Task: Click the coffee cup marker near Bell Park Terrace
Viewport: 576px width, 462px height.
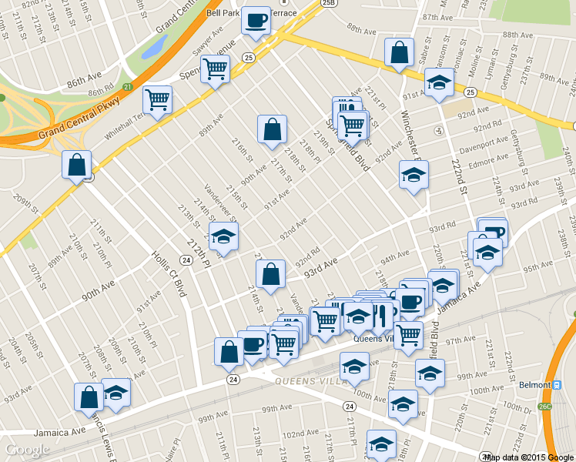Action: (256, 21)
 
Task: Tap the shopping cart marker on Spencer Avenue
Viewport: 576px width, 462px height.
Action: (215, 69)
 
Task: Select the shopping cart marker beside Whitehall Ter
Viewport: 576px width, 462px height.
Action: (158, 99)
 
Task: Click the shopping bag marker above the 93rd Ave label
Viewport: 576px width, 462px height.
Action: (270, 274)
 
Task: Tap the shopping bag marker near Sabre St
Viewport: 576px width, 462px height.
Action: (399, 53)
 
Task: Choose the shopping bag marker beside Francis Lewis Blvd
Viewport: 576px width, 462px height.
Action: (89, 397)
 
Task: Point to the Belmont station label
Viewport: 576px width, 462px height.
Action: (534, 384)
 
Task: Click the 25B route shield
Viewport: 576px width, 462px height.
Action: (330, 4)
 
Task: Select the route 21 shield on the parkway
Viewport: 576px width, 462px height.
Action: (127, 86)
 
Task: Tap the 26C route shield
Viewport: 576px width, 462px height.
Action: (546, 406)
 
